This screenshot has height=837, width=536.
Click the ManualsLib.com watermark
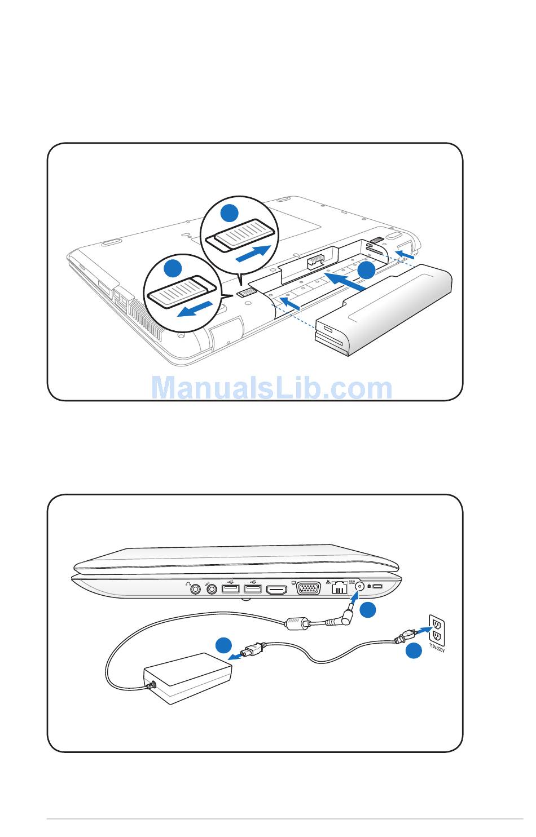[x=271, y=388]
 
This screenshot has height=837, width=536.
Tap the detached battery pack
[x=384, y=309]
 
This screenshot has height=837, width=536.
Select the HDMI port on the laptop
[x=276, y=590]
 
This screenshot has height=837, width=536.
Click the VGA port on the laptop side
[x=308, y=588]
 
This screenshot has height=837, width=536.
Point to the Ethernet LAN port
[x=339, y=588]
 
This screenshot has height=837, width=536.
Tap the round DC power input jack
[x=359, y=586]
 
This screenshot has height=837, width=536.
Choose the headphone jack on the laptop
[x=195, y=589]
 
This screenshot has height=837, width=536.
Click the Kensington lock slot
[x=378, y=586]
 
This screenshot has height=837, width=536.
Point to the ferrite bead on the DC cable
[x=297, y=623]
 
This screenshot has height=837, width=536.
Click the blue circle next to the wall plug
[x=414, y=650]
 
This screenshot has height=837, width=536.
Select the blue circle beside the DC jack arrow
[x=368, y=610]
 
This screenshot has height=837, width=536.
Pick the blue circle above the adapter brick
[x=223, y=645]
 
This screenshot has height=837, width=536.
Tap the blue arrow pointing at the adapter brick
[x=235, y=657]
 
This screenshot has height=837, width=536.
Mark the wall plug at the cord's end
[x=405, y=636]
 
